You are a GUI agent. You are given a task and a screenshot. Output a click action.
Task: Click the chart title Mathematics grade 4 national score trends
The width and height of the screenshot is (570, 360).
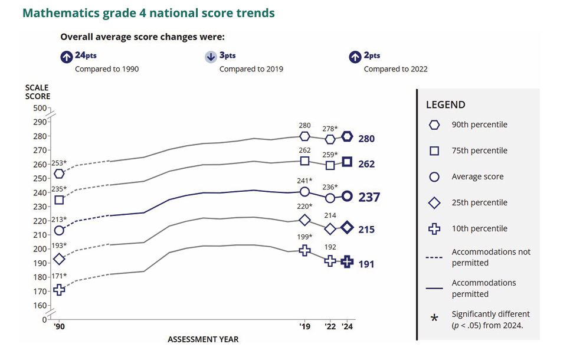[149, 12]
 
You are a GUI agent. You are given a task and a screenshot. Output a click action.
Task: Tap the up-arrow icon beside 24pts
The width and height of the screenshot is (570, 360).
[66, 57]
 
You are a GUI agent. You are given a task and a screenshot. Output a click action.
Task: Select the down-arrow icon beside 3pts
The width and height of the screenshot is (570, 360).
[211, 57]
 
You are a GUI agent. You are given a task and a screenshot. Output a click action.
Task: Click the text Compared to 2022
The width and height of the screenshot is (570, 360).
[395, 69]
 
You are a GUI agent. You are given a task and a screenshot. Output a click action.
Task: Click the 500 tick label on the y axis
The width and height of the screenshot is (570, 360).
[40, 108]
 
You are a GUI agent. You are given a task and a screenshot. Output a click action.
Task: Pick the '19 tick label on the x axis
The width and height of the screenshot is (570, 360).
[304, 326]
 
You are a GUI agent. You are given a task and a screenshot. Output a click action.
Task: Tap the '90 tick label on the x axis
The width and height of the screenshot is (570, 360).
[59, 326]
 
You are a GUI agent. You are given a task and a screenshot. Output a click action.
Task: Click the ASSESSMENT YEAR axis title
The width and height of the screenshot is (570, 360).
[203, 339]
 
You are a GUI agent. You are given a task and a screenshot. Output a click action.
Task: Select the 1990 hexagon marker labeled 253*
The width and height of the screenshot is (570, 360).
[59, 174]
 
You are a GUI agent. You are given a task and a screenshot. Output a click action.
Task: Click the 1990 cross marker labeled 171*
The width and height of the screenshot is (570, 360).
[59, 289]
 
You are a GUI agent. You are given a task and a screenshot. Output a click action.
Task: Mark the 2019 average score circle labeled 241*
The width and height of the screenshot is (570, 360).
[304, 191]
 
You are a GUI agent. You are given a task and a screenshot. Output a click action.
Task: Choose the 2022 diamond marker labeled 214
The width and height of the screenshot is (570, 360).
[330, 228]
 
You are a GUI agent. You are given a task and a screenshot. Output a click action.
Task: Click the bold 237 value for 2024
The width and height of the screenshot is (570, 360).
[369, 197]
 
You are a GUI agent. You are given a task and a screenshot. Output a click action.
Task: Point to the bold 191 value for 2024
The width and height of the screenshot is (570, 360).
[366, 264]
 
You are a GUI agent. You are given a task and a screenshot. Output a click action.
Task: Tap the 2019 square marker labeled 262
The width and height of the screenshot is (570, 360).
[304, 161]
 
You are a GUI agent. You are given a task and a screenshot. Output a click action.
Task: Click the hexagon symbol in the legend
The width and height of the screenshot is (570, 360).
[434, 125]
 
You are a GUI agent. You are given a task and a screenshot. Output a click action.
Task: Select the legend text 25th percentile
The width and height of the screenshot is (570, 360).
[479, 202]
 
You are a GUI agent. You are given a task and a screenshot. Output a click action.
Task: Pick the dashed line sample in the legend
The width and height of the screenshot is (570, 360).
[434, 257]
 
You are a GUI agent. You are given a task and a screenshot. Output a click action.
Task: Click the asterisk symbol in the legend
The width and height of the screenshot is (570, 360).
[434, 319]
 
